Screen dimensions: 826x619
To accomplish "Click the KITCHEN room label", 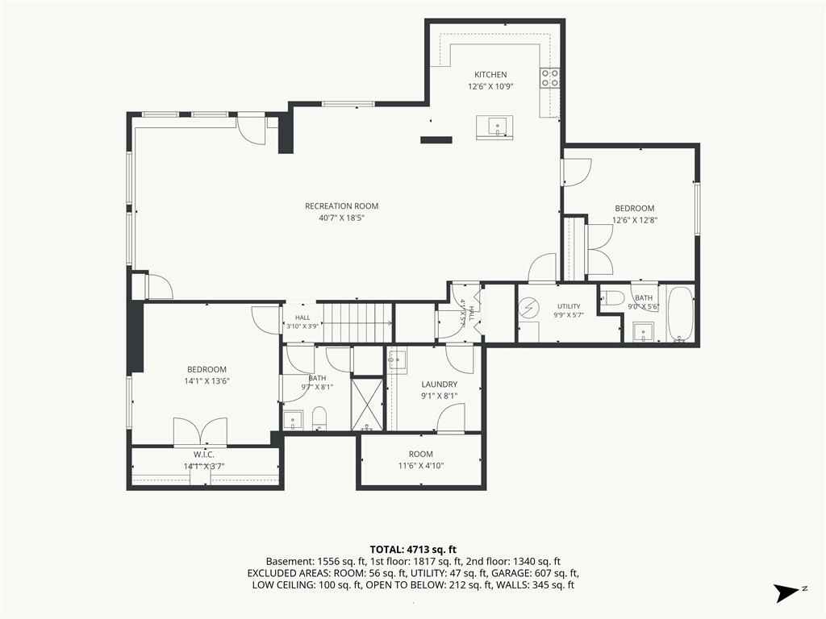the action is [x=490, y=75].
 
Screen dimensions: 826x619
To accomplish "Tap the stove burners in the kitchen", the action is [x=549, y=78].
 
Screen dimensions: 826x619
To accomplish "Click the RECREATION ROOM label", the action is [x=341, y=206].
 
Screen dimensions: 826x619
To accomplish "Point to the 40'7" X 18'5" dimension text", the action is [x=341, y=218].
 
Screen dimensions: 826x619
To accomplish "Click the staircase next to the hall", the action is [x=357, y=322].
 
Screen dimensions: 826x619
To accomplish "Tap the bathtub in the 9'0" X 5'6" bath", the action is [x=681, y=314].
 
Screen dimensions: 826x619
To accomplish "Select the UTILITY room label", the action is [x=569, y=306].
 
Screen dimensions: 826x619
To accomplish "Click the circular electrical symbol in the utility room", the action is [x=527, y=307].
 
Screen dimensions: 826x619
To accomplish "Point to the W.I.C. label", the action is [x=204, y=455].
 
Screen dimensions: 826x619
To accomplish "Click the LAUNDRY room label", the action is [x=440, y=384].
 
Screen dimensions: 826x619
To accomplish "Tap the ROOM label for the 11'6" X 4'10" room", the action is [x=421, y=454].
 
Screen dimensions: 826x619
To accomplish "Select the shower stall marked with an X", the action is [x=367, y=404].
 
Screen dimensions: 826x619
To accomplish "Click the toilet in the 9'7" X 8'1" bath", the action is [x=319, y=418].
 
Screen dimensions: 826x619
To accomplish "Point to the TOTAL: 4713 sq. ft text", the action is [x=413, y=550].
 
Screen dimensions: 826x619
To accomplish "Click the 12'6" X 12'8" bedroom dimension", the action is [x=635, y=221].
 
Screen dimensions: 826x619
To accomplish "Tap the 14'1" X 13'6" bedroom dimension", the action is [x=206, y=381].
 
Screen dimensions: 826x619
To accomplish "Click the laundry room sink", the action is [x=398, y=362].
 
